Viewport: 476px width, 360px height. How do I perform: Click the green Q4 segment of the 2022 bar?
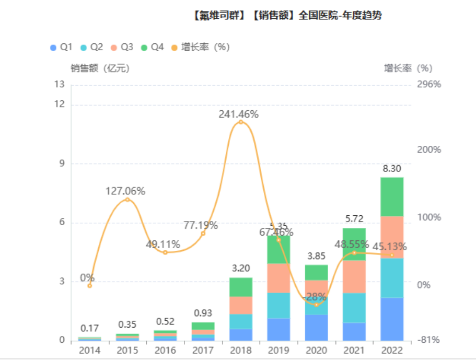391,196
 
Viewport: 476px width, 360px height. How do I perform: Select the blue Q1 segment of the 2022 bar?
391,319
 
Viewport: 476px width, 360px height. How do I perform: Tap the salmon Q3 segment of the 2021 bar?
354,276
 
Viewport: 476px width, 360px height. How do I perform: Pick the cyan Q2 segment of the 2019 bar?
278,305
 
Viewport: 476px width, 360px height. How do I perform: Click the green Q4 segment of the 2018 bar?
241,287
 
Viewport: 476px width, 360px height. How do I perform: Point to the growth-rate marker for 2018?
241,122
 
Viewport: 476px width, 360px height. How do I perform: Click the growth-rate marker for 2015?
127,200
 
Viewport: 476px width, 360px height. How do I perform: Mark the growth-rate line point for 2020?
316,305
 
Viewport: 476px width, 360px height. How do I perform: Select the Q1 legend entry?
61,47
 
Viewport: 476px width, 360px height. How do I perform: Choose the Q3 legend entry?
122,47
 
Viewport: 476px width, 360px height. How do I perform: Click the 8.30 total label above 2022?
391,169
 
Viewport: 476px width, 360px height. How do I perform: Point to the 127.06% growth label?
125,191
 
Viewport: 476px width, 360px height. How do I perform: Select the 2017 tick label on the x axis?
203,350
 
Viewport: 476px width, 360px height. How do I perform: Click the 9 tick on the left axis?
61,164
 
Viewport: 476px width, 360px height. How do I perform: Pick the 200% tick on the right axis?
428,149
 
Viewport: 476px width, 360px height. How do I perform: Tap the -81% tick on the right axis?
428,340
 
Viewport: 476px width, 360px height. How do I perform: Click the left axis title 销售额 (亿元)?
100,68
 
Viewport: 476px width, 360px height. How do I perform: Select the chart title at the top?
287,15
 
